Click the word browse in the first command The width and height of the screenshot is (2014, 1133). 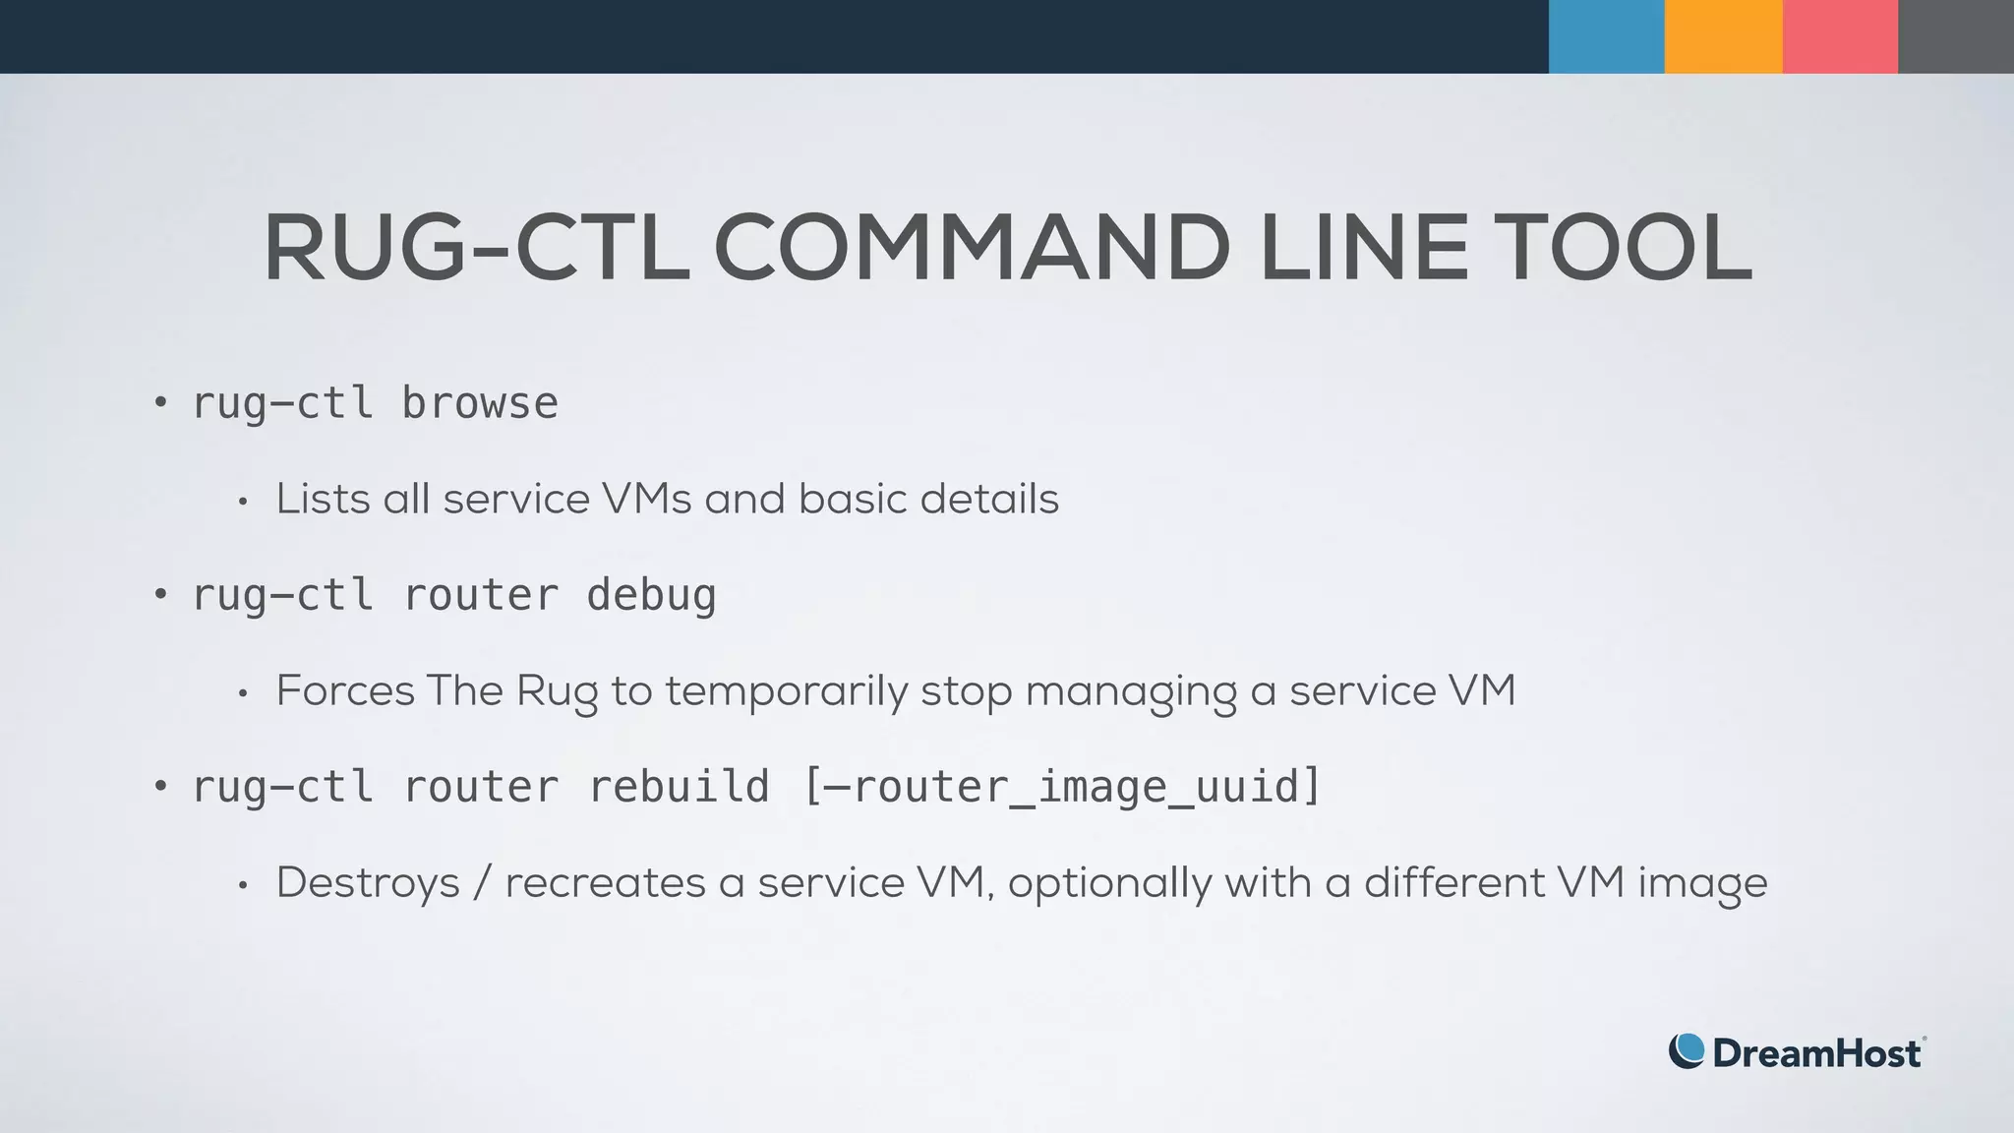[x=480, y=403]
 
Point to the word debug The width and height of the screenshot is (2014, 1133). [x=651, y=596]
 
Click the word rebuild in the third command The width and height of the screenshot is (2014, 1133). [x=679, y=787]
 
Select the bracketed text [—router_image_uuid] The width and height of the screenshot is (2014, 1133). [x=1062, y=787]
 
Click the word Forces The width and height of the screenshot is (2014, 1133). [x=345, y=690]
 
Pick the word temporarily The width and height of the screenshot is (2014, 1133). [x=786, y=692]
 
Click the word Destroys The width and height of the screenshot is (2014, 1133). [x=368, y=883]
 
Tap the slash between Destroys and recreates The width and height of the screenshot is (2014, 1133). [x=482, y=883]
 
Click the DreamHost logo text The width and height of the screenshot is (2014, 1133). [x=1816, y=1053]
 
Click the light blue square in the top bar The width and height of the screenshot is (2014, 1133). [x=1606, y=36]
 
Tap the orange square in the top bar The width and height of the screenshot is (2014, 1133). [x=1723, y=36]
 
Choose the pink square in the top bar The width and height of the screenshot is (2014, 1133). [x=1840, y=36]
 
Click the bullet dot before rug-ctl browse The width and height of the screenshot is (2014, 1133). [x=160, y=402]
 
